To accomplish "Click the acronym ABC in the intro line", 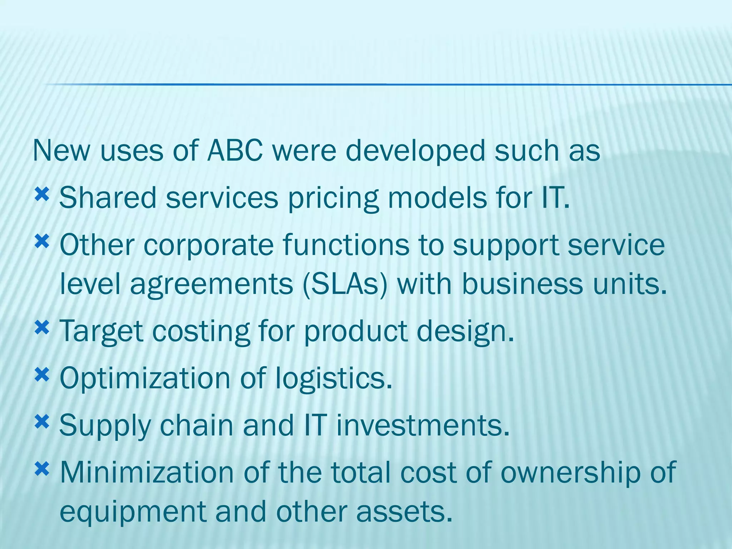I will point(235,151).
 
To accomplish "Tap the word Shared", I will point(108,198).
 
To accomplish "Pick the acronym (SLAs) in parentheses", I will point(345,285).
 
